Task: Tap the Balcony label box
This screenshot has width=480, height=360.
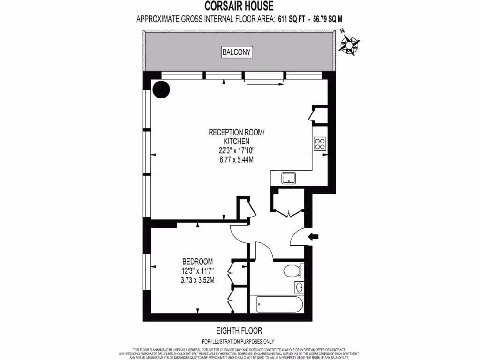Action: click(x=237, y=52)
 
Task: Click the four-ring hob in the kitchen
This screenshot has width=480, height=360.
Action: click(x=320, y=143)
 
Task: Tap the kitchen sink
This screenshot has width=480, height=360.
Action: click(x=287, y=178)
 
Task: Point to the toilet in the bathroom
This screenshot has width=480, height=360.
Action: click(x=293, y=271)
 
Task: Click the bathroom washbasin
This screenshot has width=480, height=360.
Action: click(x=300, y=287)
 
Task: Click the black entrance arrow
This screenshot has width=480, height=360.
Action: click(x=313, y=237)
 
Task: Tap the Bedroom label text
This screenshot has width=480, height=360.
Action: click(x=197, y=262)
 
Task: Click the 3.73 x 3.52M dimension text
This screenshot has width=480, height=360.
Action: click(x=197, y=280)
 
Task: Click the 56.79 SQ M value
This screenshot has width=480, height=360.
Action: click(x=331, y=19)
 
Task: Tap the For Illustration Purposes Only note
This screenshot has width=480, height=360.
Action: click(x=238, y=342)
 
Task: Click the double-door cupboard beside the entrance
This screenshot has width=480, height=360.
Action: click(x=288, y=202)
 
